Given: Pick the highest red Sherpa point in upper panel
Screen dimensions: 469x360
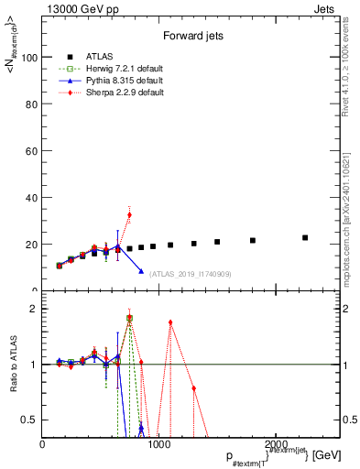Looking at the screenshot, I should pos(129,214).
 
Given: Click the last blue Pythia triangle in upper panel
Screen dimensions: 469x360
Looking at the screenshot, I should pos(141,271).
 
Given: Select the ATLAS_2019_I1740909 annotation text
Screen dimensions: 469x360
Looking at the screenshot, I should pos(191,273).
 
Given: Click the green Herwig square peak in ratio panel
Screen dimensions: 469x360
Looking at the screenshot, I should pos(129,318).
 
